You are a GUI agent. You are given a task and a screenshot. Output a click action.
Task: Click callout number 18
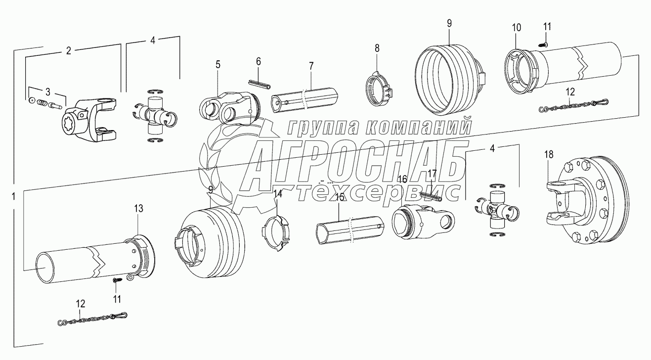click(549, 154)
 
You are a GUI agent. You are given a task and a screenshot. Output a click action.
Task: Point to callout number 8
click(377, 48)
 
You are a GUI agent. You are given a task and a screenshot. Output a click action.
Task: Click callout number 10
click(516, 28)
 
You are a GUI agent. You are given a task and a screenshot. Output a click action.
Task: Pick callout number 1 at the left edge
click(13, 196)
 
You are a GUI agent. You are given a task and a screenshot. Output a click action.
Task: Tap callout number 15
click(339, 197)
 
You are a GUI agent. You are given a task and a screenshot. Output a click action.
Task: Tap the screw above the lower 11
click(117, 280)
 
